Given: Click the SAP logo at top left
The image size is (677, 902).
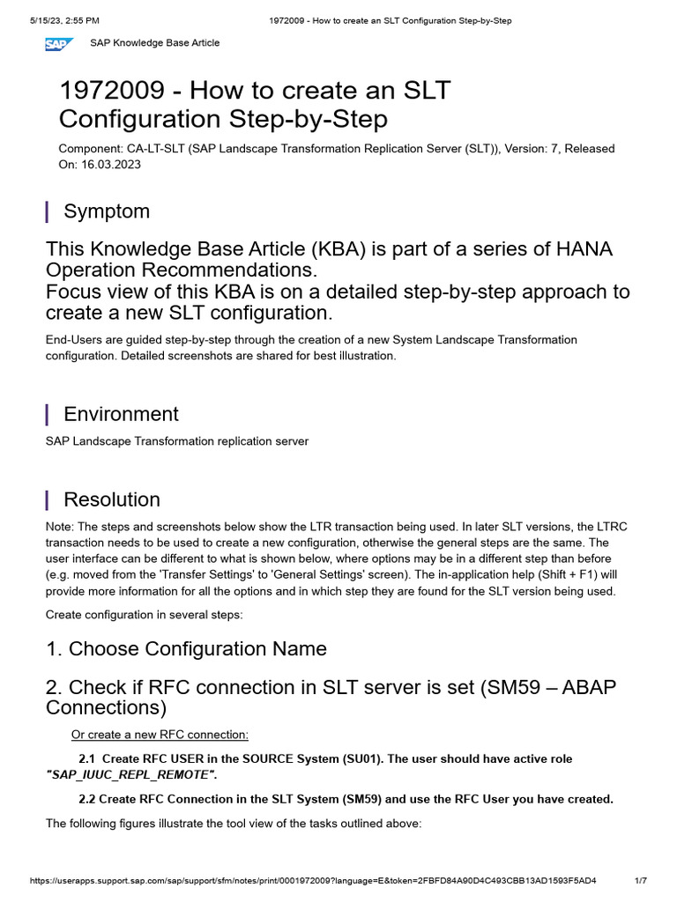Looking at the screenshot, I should [62, 43].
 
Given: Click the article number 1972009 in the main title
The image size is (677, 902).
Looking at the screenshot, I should [112, 91].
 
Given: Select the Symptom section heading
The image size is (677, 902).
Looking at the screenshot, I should [107, 211].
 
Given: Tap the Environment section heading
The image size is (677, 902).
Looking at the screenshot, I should [121, 414].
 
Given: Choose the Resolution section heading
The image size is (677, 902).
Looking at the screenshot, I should [112, 499].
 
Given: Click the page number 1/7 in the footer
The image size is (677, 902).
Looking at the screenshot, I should [640, 881].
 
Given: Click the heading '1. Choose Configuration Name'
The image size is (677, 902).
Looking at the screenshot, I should [186, 649].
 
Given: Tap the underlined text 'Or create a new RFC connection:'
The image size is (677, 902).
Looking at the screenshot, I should [160, 735].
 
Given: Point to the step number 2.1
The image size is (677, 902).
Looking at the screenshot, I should [86, 758].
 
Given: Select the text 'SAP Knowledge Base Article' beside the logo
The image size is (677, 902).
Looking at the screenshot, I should [155, 43].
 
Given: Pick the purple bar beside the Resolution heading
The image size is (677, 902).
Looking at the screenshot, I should [47, 499].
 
